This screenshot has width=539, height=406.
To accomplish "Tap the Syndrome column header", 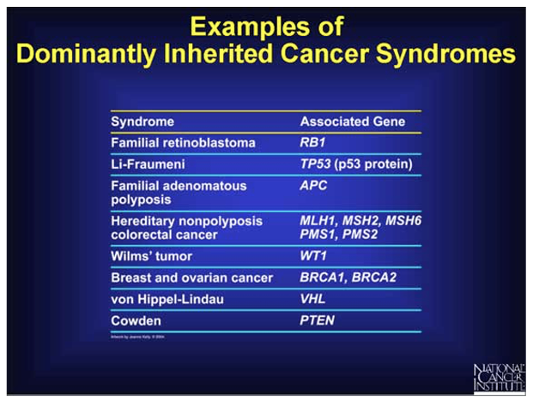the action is (x=142, y=122).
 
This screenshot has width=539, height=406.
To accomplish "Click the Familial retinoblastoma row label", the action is (x=183, y=143).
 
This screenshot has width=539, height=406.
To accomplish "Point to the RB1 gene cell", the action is (x=302, y=143).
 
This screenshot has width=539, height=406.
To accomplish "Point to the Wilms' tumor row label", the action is (x=151, y=256).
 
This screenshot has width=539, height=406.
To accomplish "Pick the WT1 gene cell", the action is (x=303, y=256).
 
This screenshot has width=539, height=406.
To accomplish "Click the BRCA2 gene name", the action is (x=372, y=278).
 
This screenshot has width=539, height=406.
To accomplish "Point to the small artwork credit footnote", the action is (x=138, y=338).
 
